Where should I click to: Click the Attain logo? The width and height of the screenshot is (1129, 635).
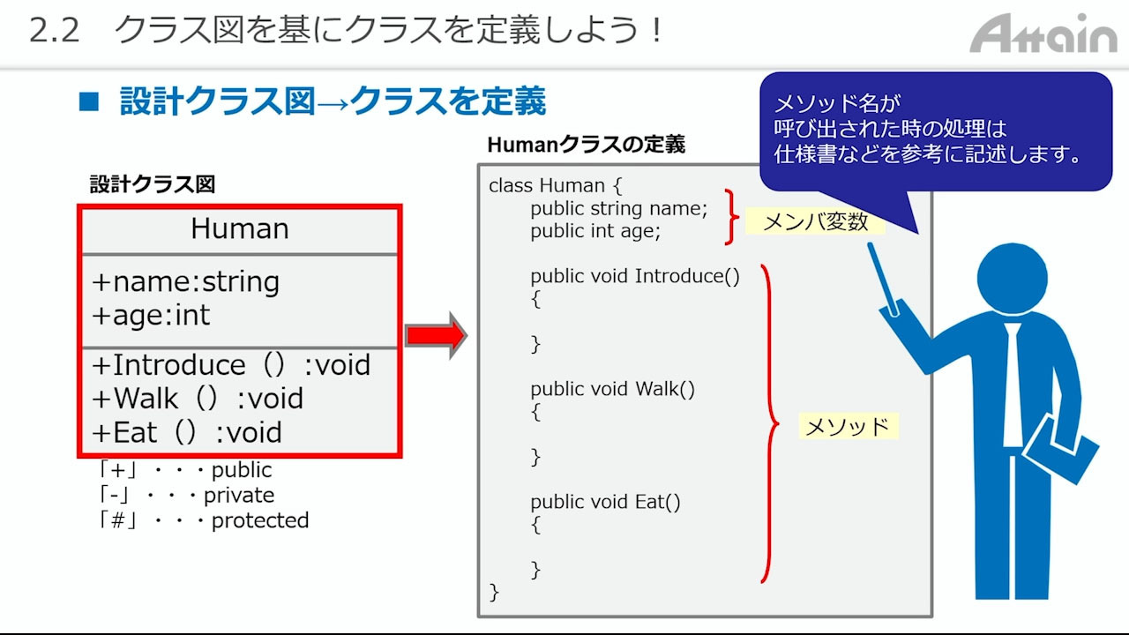pyautogui.click(x=1043, y=34)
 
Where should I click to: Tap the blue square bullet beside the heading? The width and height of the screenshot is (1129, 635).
pyautogui.click(x=89, y=101)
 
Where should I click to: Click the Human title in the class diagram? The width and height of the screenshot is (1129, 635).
pyautogui.click(x=240, y=228)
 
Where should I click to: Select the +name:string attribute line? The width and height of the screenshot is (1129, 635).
pyautogui.click(x=185, y=281)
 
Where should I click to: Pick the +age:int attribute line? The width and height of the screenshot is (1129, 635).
pyautogui.click(x=151, y=315)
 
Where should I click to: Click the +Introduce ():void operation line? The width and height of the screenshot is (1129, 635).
pyautogui.click(x=231, y=364)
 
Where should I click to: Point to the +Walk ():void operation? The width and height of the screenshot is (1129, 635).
pyautogui.click(x=198, y=398)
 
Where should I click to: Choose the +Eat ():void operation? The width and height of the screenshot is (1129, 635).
pyautogui.click(x=187, y=432)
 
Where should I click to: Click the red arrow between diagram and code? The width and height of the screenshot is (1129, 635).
pyautogui.click(x=437, y=335)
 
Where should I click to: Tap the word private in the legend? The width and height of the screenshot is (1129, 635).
pyautogui.click(x=239, y=496)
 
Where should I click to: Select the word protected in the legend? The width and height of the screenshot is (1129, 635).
pyautogui.click(x=260, y=520)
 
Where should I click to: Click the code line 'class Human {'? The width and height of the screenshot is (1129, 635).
pyautogui.click(x=556, y=185)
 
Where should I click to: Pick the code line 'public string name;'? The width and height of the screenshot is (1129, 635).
pyautogui.click(x=619, y=208)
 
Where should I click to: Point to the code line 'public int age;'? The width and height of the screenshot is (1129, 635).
pyautogui.click(x=595, y=231)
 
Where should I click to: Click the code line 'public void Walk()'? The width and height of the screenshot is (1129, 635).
pyautogui.click(x=612, y=389)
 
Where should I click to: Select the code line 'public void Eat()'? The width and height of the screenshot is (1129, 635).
pyautogui.click(x=605, y=502)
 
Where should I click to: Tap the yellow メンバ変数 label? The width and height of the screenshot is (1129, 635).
pyautogui.click(x=815, y=221)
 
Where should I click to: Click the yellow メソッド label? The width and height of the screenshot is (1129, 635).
pyautogui.click(x=849, y=426)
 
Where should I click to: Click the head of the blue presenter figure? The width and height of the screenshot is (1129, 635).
pyautogui.click(x=1012, y=279)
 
